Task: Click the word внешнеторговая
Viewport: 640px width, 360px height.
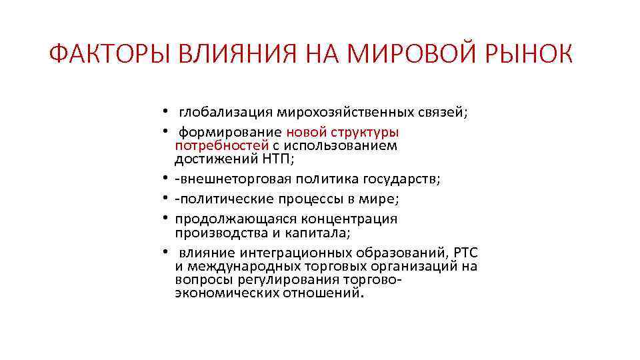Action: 226,179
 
